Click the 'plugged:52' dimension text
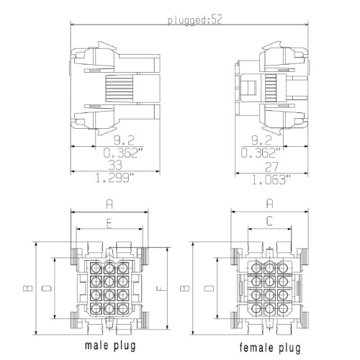tap(194, 19)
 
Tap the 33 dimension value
tap(116, 165)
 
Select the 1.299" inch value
tap(115, 178)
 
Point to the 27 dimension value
tap(271, 167)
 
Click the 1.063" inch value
tap(271, 179)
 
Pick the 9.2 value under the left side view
tap(124, 140)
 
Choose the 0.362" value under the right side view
tap(261, 153)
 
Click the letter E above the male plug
tap(109, 225)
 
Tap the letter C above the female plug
tap(269, 221)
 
